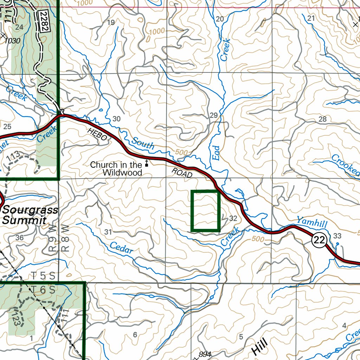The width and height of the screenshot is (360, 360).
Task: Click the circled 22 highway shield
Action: [319, 240]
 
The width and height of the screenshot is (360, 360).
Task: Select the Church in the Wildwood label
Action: [116, 168]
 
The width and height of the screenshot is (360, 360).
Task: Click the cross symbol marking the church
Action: [147, 163]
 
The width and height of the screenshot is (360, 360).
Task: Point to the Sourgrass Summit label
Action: [30, 215]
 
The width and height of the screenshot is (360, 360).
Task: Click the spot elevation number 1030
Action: [13, 41]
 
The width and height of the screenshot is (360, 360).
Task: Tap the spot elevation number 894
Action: [205, 354]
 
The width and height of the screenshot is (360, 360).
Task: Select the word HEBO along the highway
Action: [97, 135]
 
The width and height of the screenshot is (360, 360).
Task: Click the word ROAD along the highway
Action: [182, 173]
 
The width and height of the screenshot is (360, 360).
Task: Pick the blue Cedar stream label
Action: [121, 247]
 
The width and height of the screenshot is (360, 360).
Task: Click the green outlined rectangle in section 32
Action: [205, 211]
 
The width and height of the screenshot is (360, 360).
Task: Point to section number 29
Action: [213, 115]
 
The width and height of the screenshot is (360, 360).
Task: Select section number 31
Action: [108, 232]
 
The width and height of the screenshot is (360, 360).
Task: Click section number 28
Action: [322, 119]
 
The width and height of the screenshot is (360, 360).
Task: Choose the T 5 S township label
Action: [43, 276]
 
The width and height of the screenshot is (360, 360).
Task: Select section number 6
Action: [135, 335]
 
